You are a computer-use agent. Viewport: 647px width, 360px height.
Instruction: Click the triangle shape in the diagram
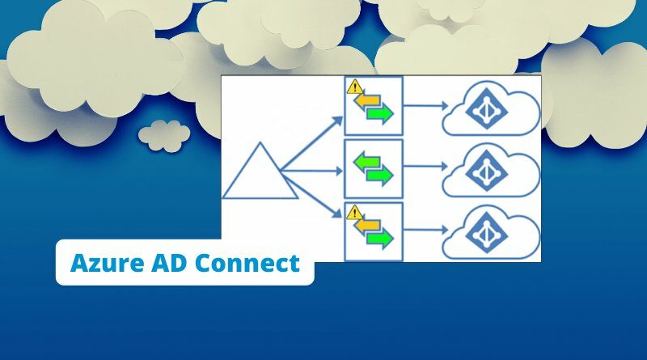[260, 171]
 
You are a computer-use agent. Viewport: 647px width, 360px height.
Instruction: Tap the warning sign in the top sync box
[355, 87]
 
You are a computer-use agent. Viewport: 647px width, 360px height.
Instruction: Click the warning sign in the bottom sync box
[354, 212]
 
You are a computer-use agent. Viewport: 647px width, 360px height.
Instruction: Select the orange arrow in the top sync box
[367, 101]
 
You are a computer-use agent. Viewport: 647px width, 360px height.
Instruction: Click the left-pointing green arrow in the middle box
[367, 162]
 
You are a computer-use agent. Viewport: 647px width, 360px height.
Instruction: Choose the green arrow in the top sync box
[380, 113]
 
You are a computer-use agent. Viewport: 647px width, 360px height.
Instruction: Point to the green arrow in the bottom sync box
[380, 239]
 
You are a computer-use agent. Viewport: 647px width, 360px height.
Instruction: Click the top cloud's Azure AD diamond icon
[487, 108]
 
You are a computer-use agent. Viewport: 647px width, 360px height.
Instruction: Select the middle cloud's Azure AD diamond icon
[487, 171]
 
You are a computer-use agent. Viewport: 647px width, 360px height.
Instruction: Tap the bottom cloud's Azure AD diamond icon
[487, 232]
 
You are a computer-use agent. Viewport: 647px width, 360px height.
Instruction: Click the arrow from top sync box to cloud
[425, 106]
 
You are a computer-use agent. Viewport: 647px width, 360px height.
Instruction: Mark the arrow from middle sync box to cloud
[425, 167]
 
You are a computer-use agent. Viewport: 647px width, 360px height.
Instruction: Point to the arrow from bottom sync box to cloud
[425, 230]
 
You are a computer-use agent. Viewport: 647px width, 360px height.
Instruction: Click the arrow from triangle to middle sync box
[311, 171]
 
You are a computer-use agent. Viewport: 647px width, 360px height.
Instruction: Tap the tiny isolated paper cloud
[164, 135]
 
